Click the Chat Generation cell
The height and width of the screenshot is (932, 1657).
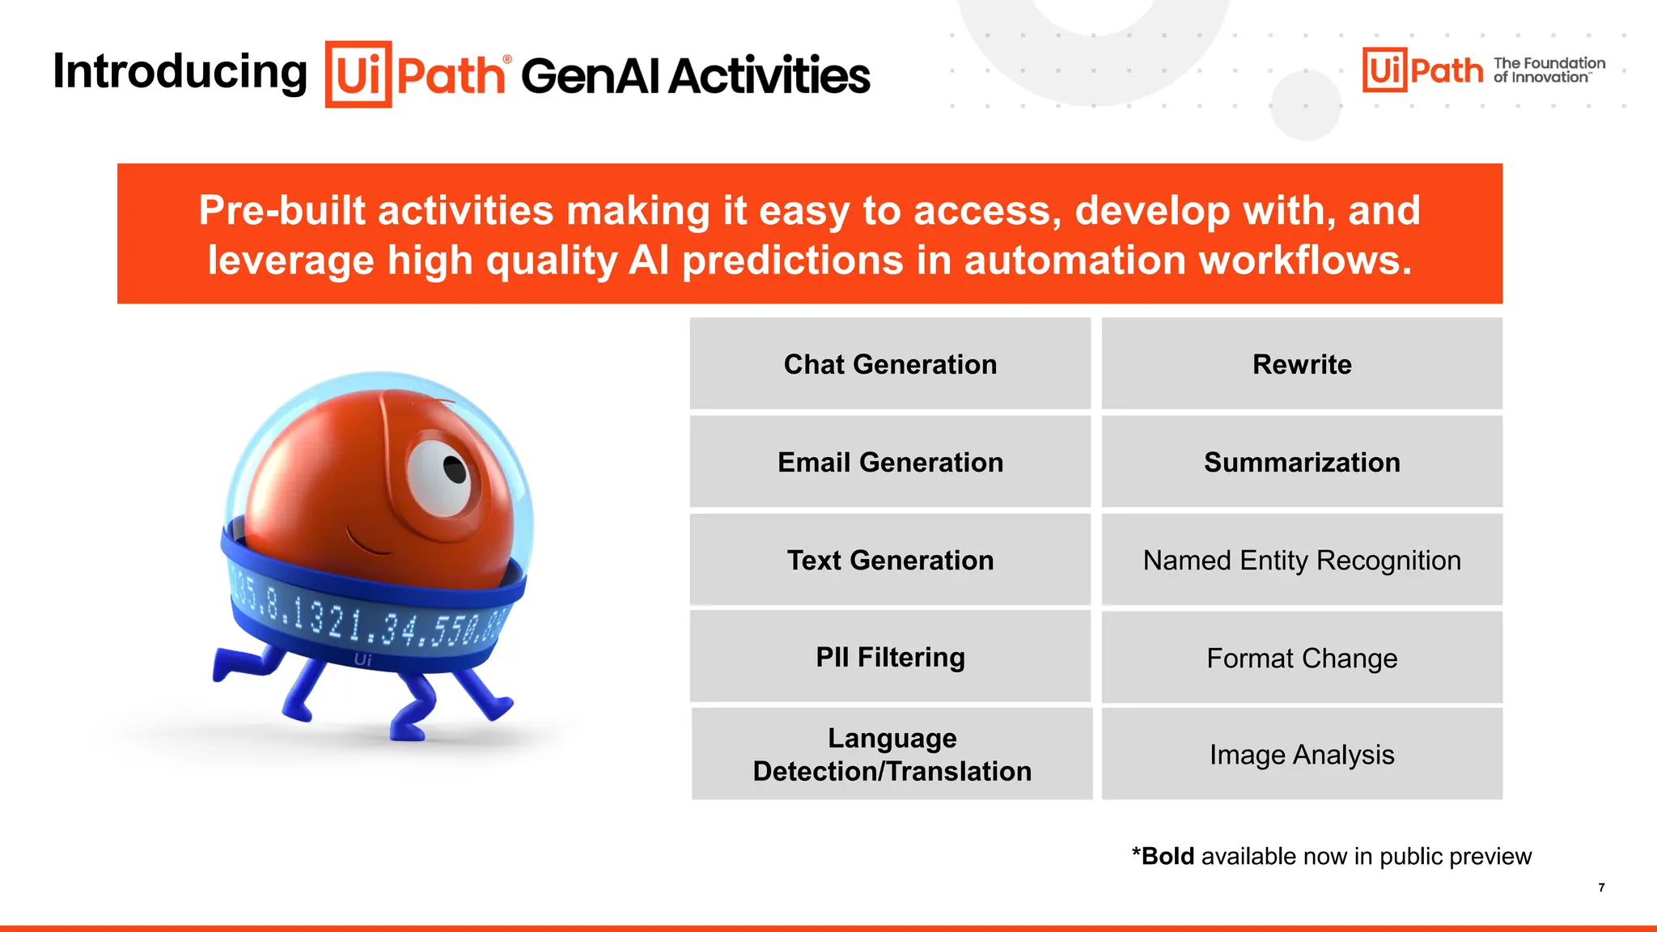coord(890,364)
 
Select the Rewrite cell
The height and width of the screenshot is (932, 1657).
coord(1302,364)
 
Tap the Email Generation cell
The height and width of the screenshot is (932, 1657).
coord(890,462)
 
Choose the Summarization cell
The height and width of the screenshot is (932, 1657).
coord(1302,462)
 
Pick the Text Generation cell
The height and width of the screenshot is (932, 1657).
coord(890,560)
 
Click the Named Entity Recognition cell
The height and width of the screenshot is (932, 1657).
coord(1302,560)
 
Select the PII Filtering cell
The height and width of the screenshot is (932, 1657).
coord(890,657)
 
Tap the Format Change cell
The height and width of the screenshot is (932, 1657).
coord(1302,658)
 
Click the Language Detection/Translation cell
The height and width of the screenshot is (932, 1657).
coord(892,754)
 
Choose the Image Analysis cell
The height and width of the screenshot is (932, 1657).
coord(1302,754)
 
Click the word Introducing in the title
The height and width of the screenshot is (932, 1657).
coord(180,72)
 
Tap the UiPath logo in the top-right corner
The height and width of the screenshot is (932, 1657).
coord(1422,70)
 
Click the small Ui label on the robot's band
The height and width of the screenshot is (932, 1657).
coord(362,660)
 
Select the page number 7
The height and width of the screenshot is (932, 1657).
coord(1601,888)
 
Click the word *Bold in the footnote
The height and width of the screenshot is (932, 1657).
coord(1163,856)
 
